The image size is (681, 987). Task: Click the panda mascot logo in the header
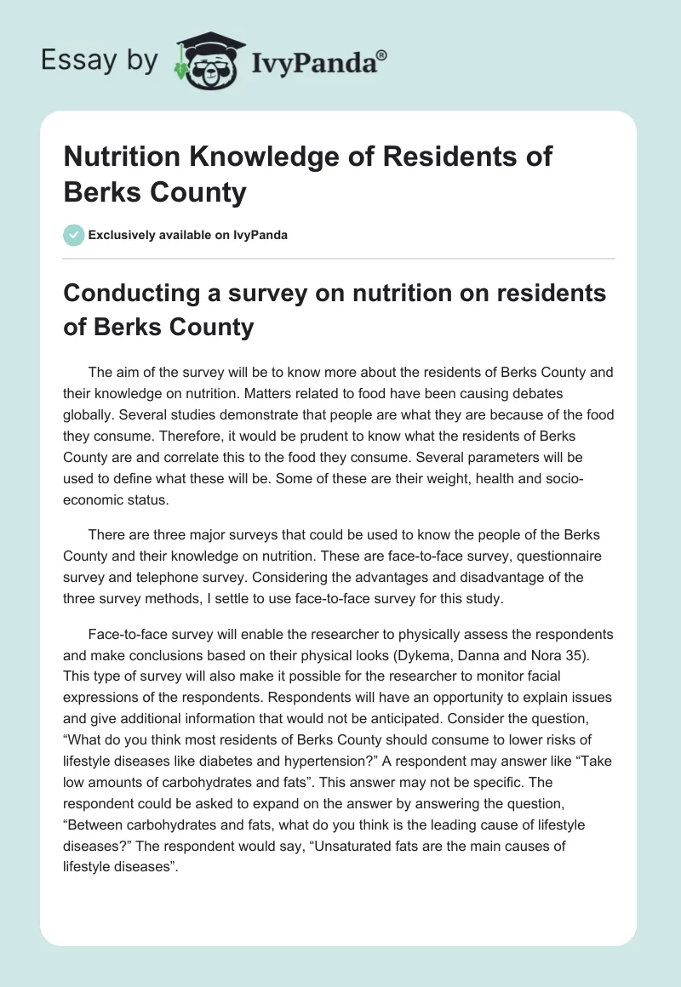click(x=204, y=61)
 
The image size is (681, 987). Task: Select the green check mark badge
click(x=73, y=235)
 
